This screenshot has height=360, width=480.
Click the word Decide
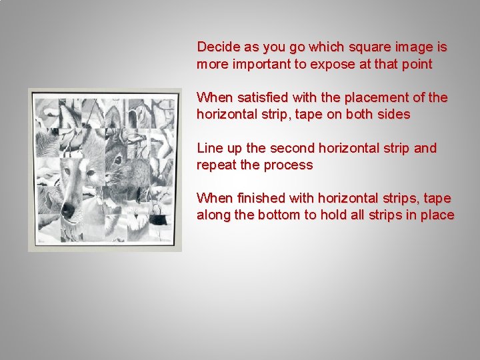tap(217, 47)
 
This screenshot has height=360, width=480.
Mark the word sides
tap(393, 115)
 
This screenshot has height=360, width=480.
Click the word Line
tap(208, 148)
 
